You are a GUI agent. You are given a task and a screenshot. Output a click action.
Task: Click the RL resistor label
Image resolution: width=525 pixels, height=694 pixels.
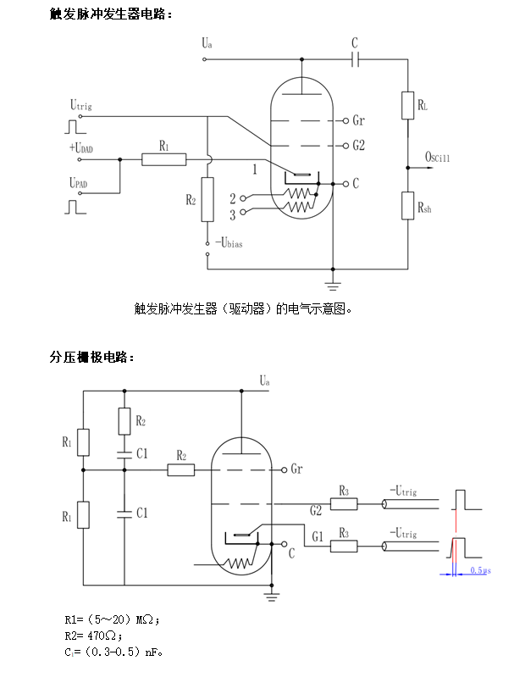pos(422,106)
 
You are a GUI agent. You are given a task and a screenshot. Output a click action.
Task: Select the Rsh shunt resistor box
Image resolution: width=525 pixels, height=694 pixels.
pos(408,206)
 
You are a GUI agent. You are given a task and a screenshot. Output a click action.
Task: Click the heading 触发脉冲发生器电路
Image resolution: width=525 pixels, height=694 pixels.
pos(111,14)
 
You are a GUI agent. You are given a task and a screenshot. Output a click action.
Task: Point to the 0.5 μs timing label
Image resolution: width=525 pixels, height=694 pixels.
pos(480,570)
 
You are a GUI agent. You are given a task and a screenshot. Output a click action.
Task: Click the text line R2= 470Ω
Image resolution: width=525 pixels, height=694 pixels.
pos(94,635)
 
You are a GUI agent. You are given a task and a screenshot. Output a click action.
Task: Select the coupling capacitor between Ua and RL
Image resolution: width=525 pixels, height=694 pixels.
pos(356,59)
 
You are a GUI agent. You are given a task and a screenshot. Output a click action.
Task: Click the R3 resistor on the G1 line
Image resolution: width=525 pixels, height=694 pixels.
pos(344,547)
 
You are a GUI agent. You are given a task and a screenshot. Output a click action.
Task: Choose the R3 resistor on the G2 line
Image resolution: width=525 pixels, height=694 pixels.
pos(344,504)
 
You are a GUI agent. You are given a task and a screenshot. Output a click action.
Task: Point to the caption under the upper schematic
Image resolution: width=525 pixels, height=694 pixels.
pos(243,308)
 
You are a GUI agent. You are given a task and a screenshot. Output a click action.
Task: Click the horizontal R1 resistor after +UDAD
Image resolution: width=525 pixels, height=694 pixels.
pos(164,159)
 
